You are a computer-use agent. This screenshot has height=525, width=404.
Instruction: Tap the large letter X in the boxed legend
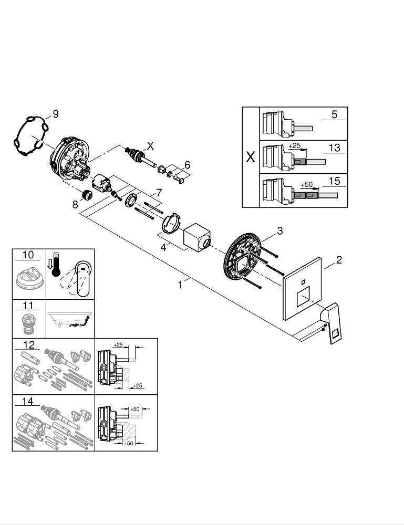click(x=251, y=157)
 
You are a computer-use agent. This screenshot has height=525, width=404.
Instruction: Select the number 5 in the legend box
click(x=334, y=114)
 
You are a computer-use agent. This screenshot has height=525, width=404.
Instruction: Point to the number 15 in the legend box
click(x=334, y=181)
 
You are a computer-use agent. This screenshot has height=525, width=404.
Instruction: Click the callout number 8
click(x=76, y=205)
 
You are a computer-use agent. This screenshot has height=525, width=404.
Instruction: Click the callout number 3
click(x=280, y=230)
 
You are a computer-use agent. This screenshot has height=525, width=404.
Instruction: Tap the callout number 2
click(x=339, y=260)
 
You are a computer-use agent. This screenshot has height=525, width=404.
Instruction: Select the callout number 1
click(x=180, y=285)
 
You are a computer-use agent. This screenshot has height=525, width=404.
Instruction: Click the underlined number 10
click(x=28, y=255)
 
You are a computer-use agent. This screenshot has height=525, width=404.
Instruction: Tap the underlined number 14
click(x=28, y=402)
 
